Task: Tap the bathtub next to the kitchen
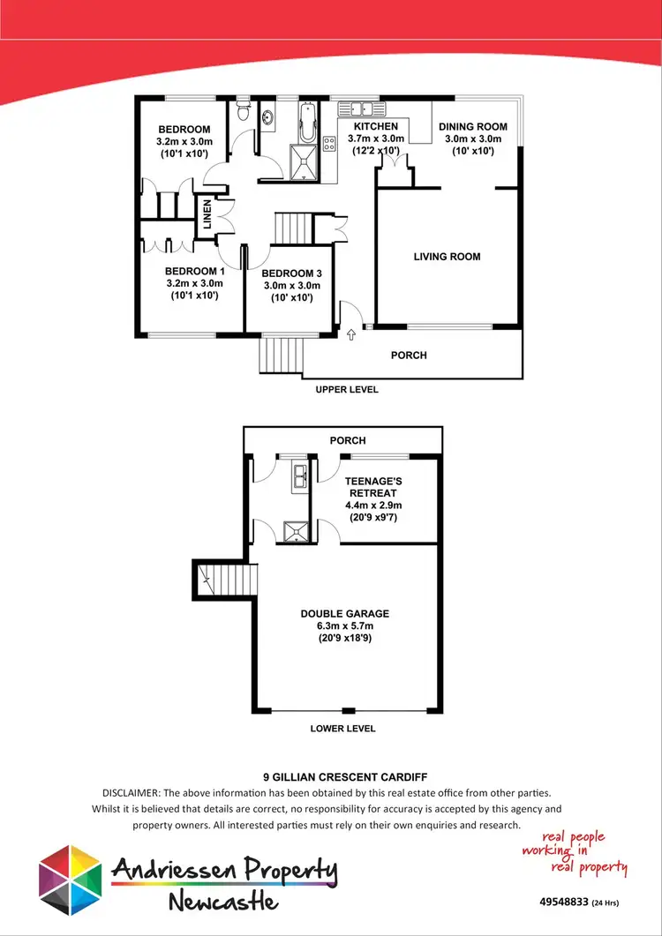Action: (x=306, y=123)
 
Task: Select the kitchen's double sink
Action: (x=361, y=109)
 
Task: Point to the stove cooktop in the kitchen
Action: (x=329, y=143)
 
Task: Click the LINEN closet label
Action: (x=208, y=214)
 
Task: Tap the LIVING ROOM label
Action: (x=447, y=257)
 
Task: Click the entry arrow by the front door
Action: (x=351, y=334)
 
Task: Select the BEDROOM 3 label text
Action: (x=290, y=273)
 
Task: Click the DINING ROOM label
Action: (x=472, y=127)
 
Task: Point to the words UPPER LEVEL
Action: (x=347, y=389)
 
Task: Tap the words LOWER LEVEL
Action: (x=342, y=729)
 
